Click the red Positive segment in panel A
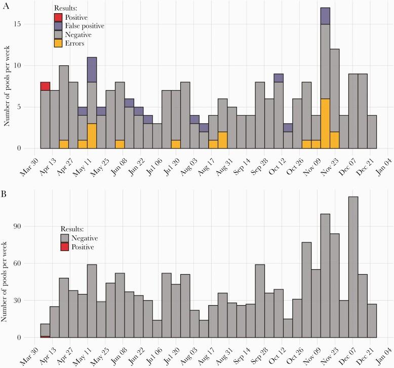pos(45,86)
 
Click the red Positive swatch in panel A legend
pos(58,18)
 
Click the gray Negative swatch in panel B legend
pos(65,238)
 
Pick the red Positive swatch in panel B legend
pos(65,247)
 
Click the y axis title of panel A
pos(7,82)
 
